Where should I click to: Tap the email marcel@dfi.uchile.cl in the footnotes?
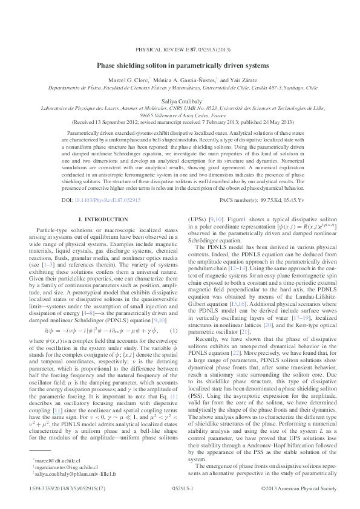[x=53, y=460]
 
